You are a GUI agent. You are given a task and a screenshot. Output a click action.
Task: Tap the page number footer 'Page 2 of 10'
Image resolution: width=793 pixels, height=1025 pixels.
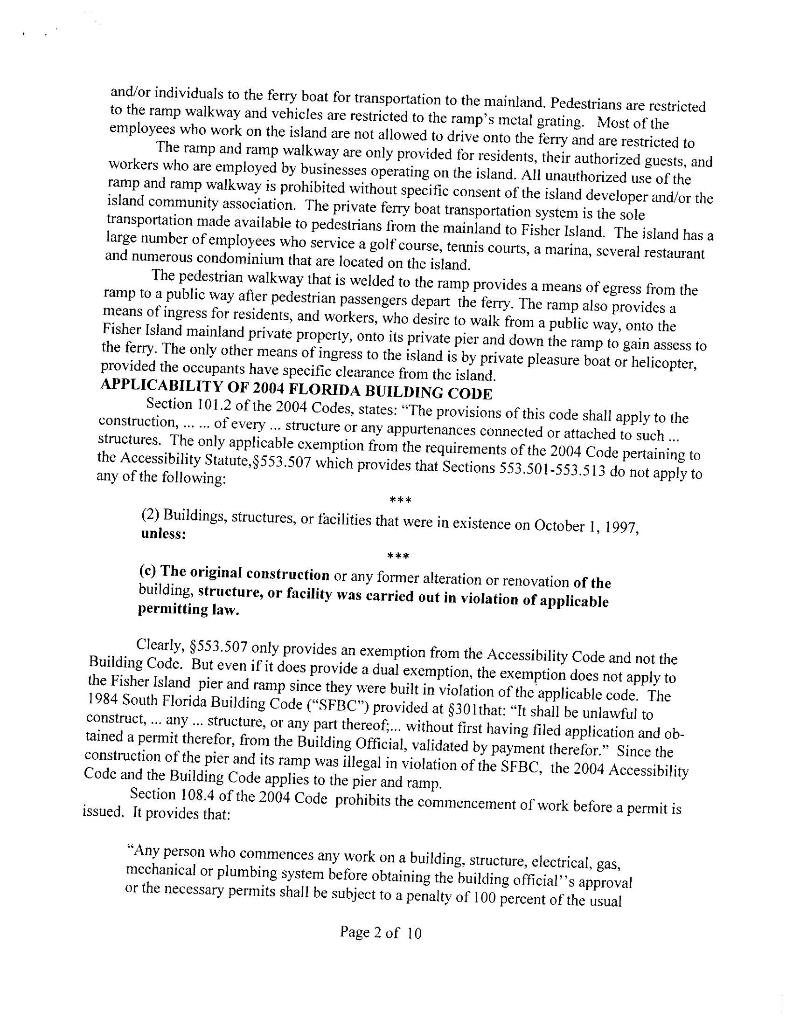(x=381, y=932)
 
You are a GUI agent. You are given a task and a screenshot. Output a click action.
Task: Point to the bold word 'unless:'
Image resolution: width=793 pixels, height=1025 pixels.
(x=162, y=534)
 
